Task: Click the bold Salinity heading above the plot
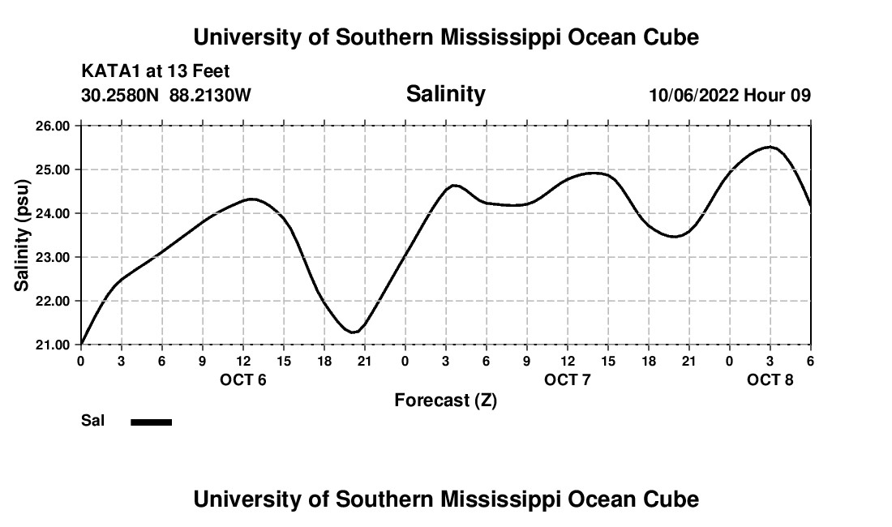coord(445,94)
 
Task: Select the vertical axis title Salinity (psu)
coord(22,235)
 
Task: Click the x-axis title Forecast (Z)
coord(445,401)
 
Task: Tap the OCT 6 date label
coord(243,380)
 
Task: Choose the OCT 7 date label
coord(568,380)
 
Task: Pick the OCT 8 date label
coord(770,380)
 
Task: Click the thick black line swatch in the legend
coord(152,422)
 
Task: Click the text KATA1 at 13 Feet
coord(156,72)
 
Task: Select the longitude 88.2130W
coord(210,96)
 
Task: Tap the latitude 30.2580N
coord(122,96)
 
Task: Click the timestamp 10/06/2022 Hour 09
coord(730,96)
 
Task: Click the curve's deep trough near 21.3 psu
coord(354,332)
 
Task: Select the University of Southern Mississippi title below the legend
coord(445,499)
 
